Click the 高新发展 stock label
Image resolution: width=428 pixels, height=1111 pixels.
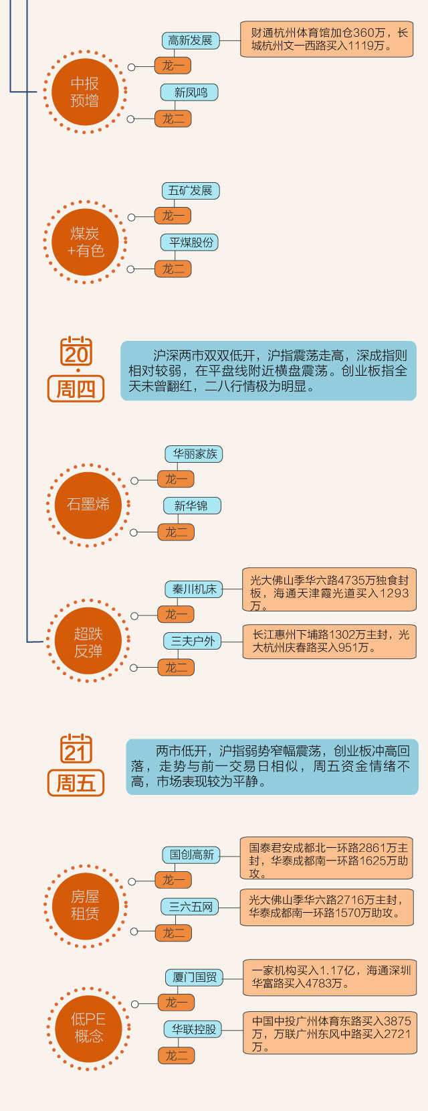(x=190, y=40)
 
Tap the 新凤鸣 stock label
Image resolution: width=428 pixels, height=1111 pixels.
(x=190, y=92)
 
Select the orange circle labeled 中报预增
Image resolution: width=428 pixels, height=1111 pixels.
(x=85, y=92)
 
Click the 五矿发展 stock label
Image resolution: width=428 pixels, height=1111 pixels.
(x=190, y=191)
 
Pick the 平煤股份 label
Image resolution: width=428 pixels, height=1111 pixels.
(x=190, y=242)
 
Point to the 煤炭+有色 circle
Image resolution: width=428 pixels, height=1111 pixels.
(x=85, y=242)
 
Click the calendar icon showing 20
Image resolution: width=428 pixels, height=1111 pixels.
(x=76, y=352)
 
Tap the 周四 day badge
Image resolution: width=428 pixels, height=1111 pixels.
(x=76, y=388)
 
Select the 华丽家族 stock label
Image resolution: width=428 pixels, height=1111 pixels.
(x=194, y=454)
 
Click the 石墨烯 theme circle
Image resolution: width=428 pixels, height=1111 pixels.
(x=88, y=505)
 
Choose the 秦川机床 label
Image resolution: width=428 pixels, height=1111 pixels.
(x=194, y=589)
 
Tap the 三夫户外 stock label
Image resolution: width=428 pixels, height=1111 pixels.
(x=193, y=641)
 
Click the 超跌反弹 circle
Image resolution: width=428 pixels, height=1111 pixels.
(x=88, y=642)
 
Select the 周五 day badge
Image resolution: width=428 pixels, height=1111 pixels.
(x=76, y=782)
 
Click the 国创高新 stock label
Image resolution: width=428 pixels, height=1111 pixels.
(x=191, y=855)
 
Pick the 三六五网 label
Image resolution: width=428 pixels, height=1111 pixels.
(x=190, y=907)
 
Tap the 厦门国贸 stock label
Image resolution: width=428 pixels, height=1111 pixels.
(x=194, y=977)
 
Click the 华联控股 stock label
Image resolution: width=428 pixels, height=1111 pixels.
(x=194, y=1029)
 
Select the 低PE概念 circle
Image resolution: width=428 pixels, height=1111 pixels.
(x=88, y=1027)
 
